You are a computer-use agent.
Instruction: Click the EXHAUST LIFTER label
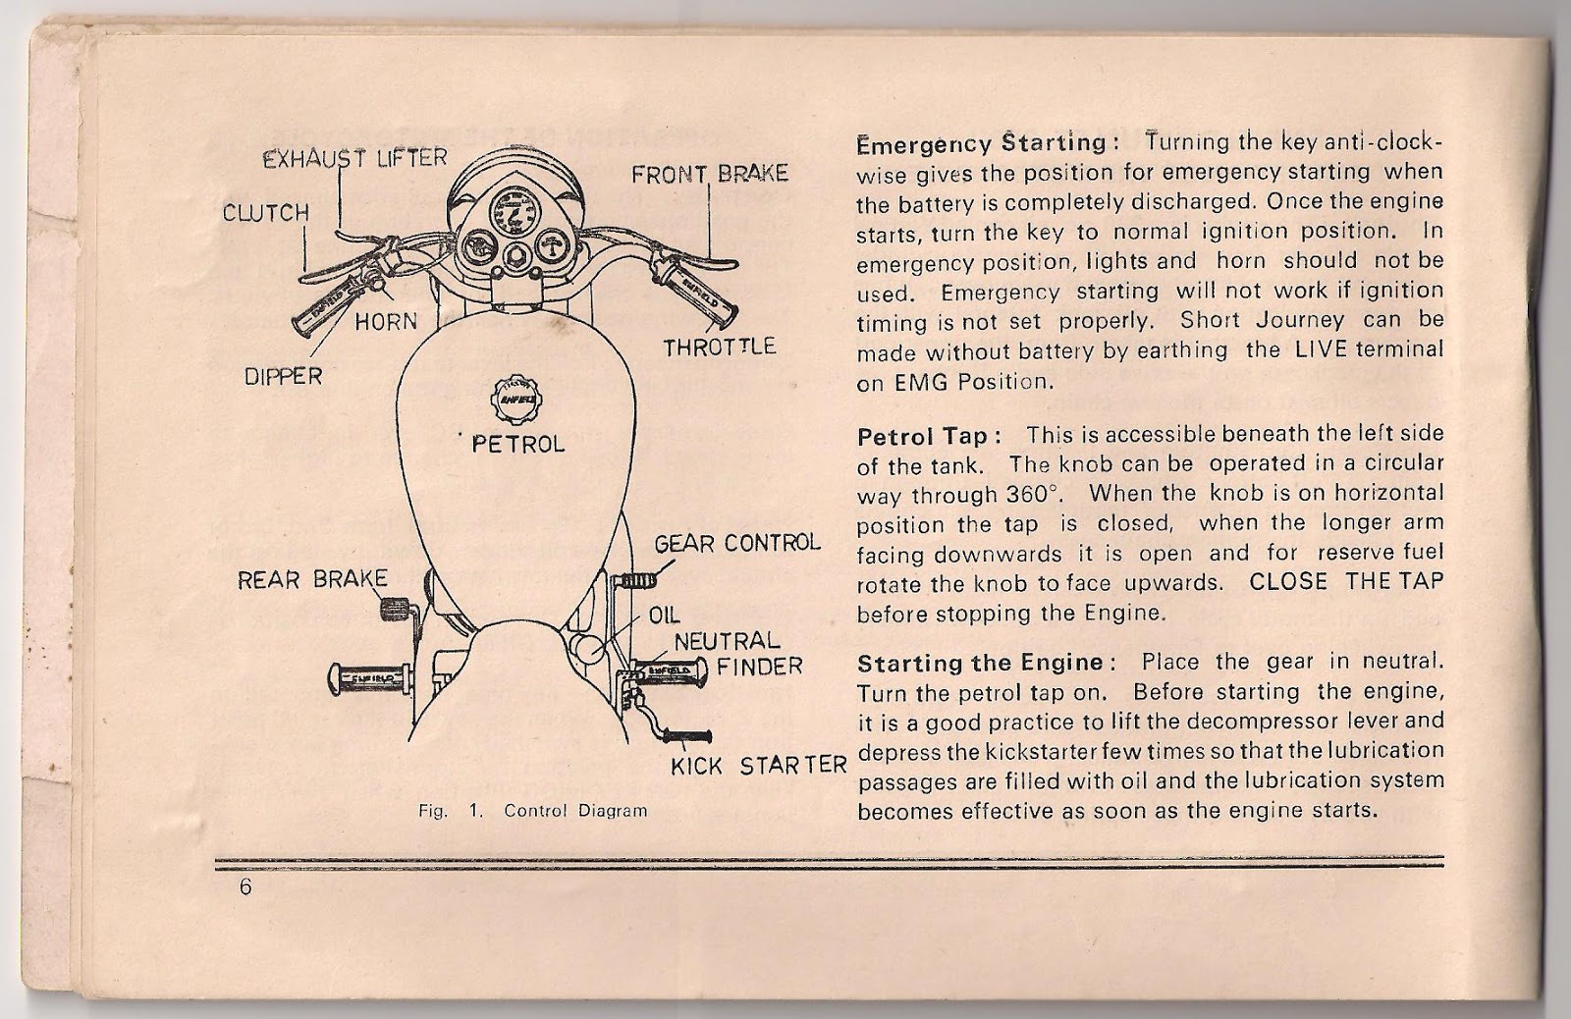pos(354,158)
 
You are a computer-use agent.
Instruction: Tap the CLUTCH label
pos(265,212)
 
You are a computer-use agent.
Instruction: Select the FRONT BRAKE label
pos(709,175)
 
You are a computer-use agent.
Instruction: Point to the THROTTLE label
pos(720,348)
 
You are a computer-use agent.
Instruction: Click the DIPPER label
pos(283,376)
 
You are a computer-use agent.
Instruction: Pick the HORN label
pos(385,321)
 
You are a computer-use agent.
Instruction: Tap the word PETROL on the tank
pos(518,444)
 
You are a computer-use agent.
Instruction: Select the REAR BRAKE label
pos(312,579)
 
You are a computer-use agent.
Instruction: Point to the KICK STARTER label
pos(758,766)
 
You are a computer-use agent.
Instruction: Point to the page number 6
pos(244,886)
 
